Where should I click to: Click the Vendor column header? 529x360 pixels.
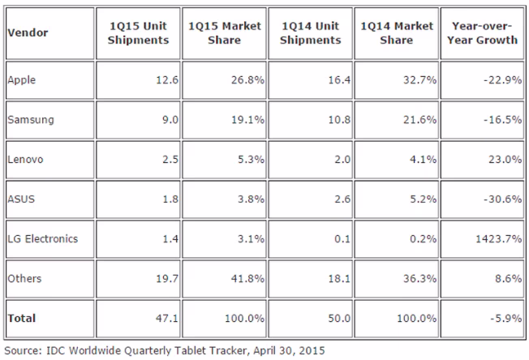click(28, 32)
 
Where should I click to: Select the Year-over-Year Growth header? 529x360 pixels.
click(482, 33)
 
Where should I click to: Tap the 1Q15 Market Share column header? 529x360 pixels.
click(225, 33)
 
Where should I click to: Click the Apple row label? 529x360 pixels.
click(21, 80)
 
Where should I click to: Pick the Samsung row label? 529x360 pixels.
click(31, 120)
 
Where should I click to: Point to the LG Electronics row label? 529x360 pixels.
click(42, 238)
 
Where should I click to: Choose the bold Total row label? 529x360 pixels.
click(22, 318)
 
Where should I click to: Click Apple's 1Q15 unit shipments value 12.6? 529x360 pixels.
click(167, 80)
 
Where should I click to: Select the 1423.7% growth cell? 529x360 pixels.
click(499, 239)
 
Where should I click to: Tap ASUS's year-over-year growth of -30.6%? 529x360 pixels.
click(503, 199)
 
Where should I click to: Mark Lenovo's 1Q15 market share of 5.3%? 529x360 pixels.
click(251, 160)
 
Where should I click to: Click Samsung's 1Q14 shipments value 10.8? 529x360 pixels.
click(339, 120)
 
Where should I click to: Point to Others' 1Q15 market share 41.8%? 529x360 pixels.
click(247, 279)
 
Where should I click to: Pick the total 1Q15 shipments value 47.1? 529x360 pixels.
click(167, 318)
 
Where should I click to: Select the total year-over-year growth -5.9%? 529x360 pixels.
click(506, 318)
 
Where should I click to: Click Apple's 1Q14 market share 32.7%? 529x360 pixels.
click(419, 80)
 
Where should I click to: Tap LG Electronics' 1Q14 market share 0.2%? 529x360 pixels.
click(423, 239)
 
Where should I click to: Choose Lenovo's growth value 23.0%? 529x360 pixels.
click(505, 160)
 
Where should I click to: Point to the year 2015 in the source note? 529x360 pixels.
click(312, 350)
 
